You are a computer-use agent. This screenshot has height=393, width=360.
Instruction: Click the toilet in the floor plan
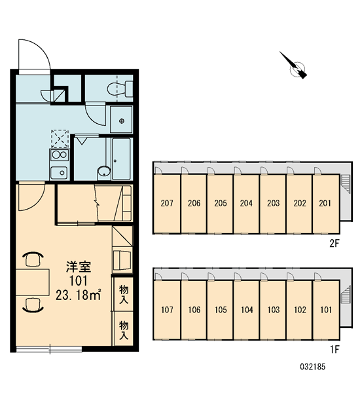coord(120,88)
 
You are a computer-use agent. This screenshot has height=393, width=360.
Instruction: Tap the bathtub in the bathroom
coord(121,159)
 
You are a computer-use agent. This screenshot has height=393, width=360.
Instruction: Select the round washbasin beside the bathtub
coord(103,171)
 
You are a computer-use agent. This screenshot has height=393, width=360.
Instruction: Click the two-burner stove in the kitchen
coord(59,155)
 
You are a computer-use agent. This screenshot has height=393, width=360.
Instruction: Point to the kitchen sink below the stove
coord(59,173)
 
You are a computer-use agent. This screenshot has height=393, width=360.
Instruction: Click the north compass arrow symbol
coord(293,65)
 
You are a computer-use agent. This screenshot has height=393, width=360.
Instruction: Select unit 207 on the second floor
coord(167,203)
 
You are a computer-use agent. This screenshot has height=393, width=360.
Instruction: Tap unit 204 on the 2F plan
coord(246,203)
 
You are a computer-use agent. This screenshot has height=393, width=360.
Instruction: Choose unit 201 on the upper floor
coord(326,203)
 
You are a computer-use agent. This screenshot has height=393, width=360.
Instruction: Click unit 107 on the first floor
coord(167,310)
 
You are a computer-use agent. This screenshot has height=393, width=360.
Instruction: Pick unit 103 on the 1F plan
coord(273,310)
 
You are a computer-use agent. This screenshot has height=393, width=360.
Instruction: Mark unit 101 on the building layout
coord(326,310)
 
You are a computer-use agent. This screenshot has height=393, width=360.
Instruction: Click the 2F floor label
coord(334,243)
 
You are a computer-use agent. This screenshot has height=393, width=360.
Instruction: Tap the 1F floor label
coord(334,349)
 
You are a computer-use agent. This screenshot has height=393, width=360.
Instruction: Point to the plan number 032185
coord(313,367)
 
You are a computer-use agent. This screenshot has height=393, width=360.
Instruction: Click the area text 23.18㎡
coord(79,295)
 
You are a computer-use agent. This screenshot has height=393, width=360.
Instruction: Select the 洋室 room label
coord(79,267)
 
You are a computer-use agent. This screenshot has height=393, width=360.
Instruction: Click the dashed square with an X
coord(60,139)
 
